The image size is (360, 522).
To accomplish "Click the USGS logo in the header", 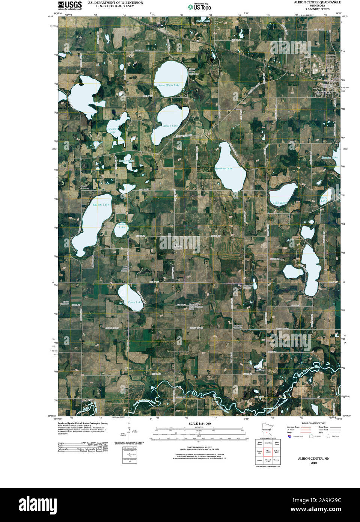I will (70, 5).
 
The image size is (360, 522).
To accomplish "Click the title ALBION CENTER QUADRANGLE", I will (318, 2).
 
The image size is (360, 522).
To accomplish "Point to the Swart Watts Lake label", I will (169, 85).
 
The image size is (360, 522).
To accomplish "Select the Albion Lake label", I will (170, 126).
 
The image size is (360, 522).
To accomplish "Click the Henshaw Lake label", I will (223, 168).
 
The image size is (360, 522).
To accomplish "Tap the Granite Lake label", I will (101, 205).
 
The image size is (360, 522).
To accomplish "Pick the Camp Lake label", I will (135, 302).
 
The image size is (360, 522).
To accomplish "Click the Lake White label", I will (280, 203).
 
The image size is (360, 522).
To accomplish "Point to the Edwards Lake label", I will (113, 130).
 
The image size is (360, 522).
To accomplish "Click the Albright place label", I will (89, 400).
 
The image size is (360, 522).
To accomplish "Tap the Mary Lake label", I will (324, 199).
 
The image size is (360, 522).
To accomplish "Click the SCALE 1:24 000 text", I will (200, 424).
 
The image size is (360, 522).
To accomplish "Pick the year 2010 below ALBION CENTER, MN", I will (313, 463).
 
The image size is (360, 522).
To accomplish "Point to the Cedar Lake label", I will (203, 21).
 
